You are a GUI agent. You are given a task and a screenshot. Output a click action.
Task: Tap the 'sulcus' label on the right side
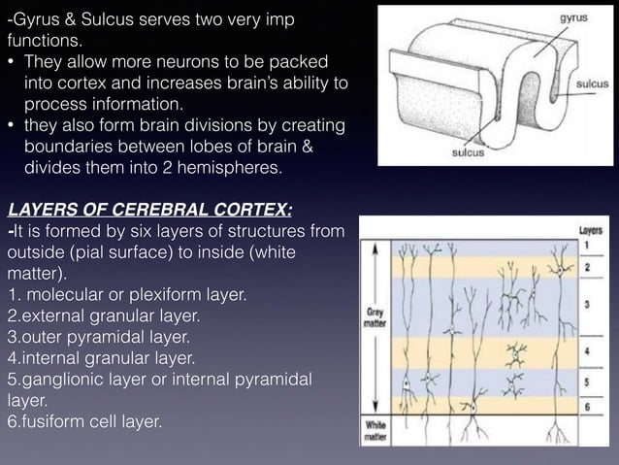coord(592,85)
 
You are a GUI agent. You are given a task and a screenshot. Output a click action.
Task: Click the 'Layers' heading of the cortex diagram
coord(591,231)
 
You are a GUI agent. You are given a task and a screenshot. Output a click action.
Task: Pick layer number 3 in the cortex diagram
coord(587,304)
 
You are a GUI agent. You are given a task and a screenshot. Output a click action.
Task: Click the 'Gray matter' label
coord(375,319)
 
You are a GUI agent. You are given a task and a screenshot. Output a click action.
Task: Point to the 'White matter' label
coord(375,429)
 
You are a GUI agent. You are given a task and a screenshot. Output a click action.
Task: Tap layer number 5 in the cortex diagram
coord(587,382)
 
